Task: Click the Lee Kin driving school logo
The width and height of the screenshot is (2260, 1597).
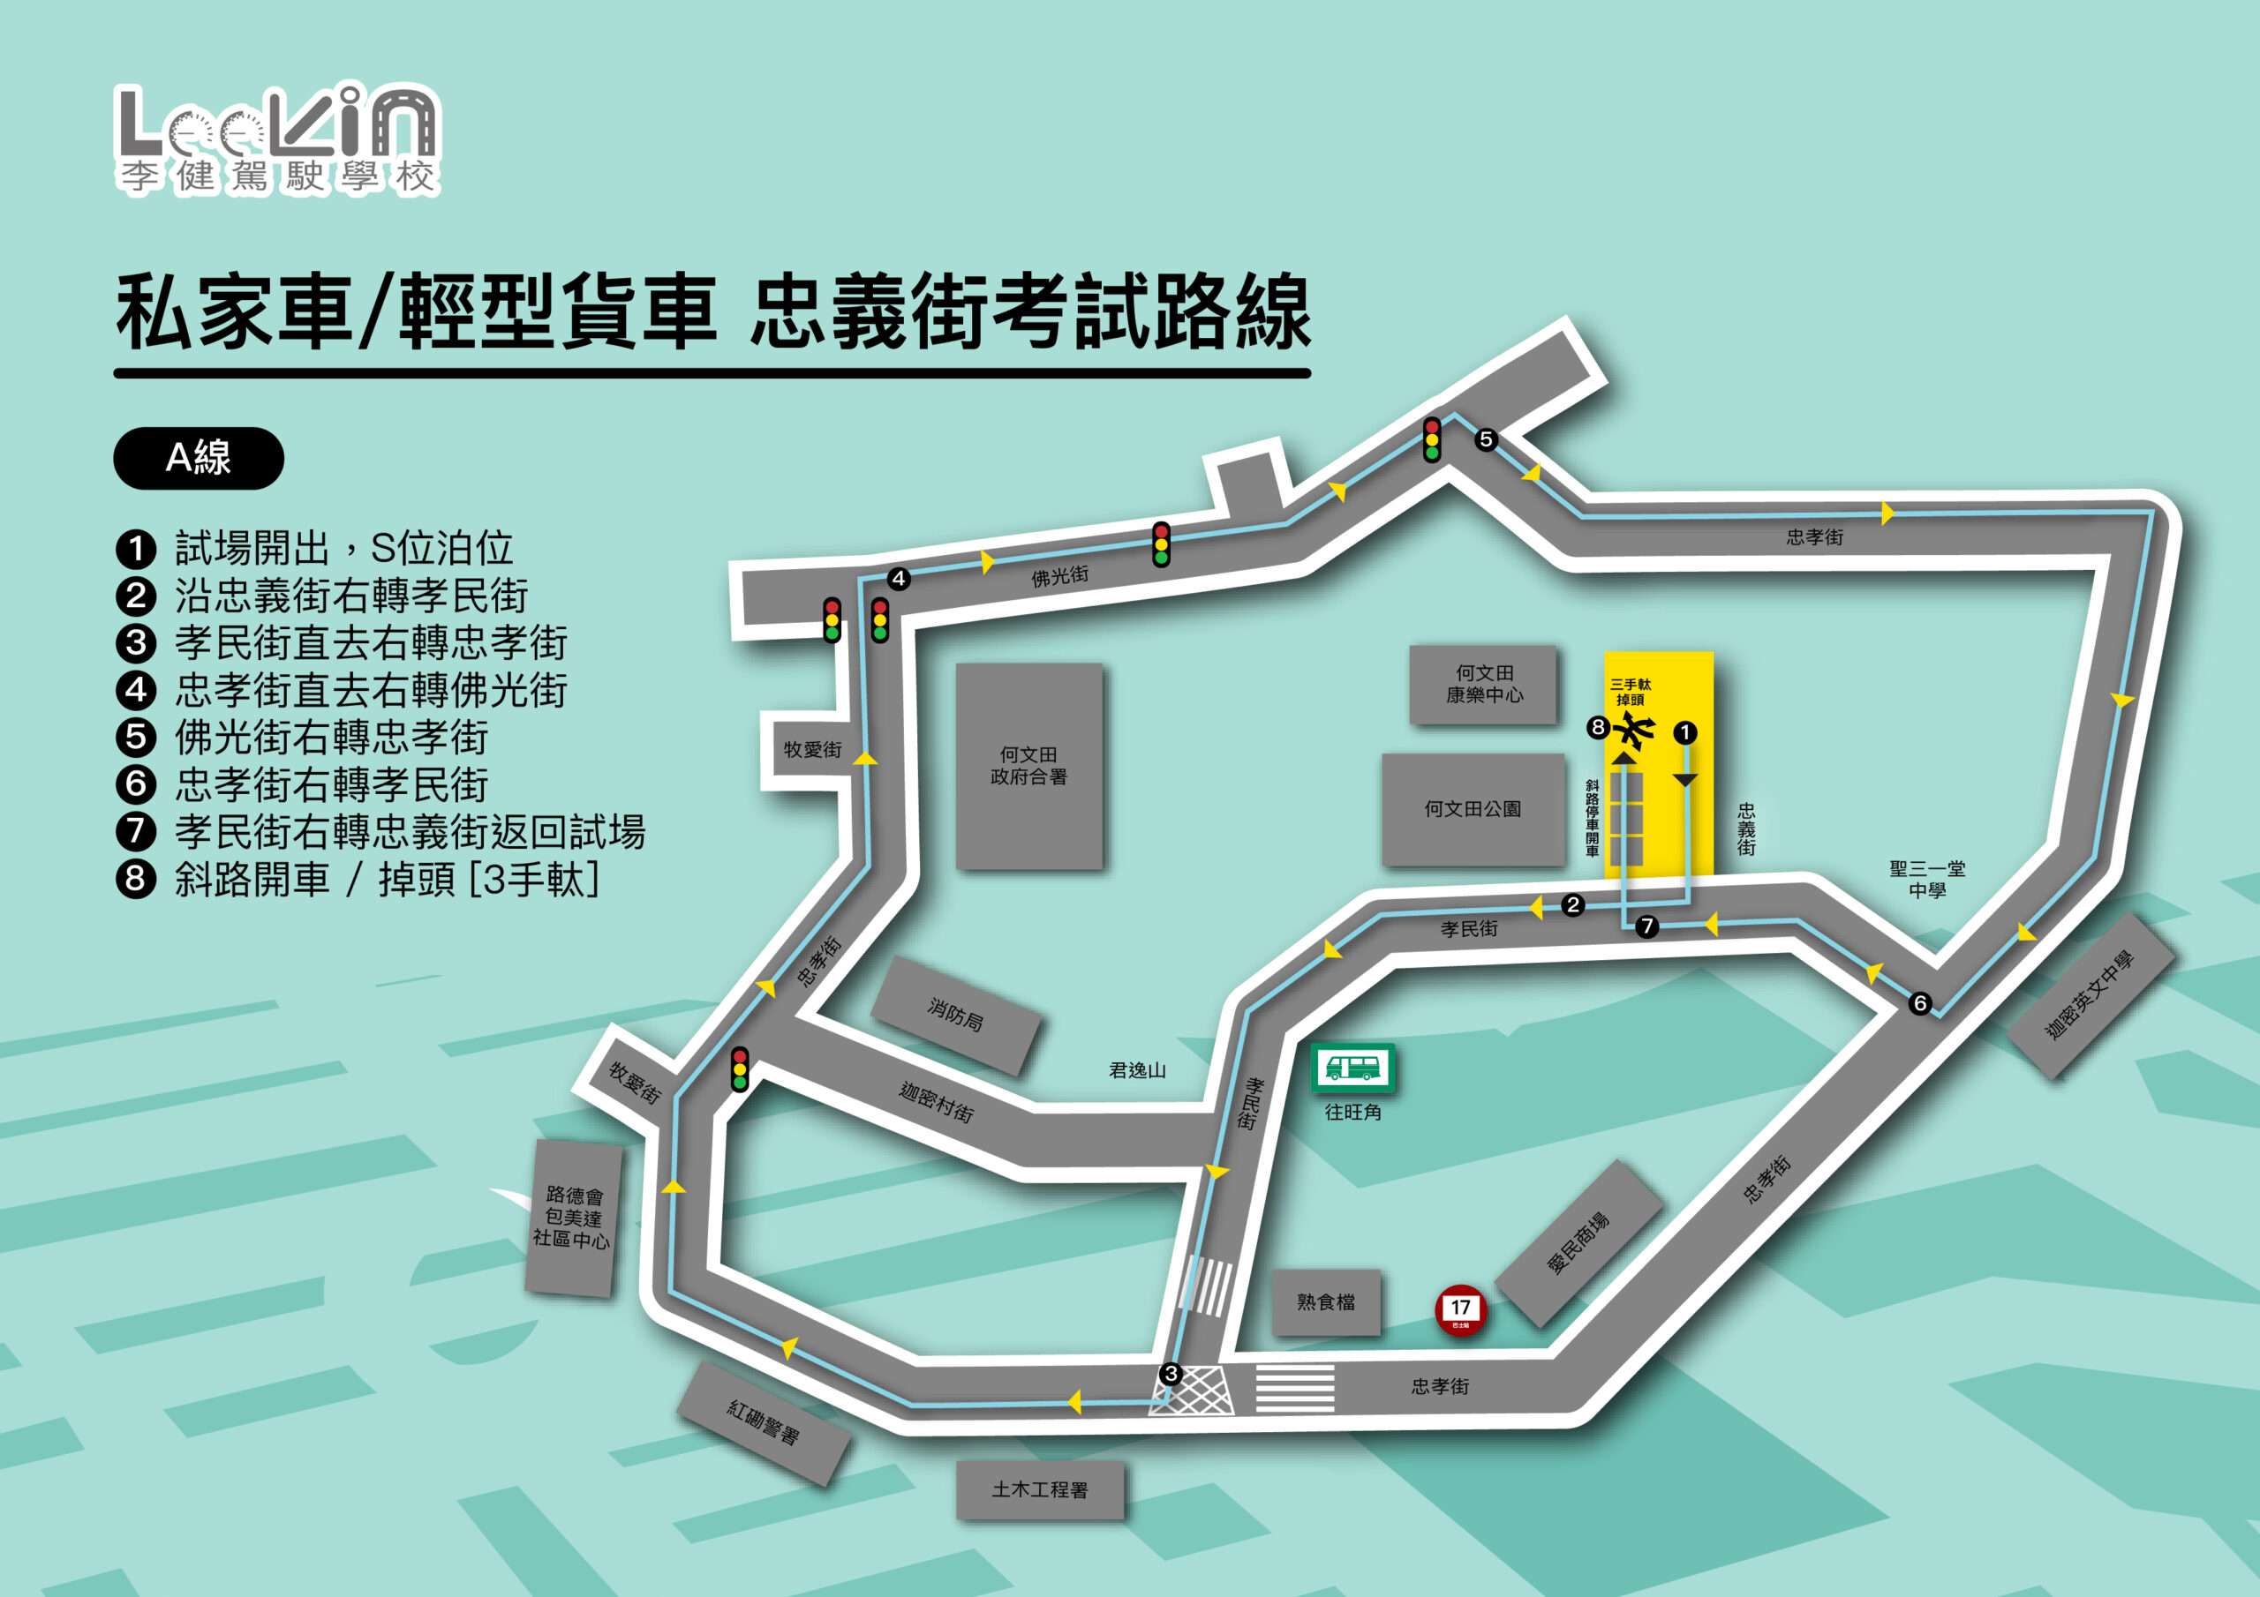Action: pos(277,139)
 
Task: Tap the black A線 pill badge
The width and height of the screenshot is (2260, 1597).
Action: pos(199,458)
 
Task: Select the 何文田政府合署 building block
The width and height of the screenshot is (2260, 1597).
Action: pos(1028,766)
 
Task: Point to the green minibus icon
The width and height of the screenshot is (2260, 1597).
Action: pos(1352,1068)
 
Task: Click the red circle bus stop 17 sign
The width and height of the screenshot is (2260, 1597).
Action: pos(1461,1310)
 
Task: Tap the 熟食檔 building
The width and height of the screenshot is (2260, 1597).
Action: pos(1326,1301)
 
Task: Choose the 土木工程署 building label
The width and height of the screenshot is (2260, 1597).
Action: pos(1039,1489)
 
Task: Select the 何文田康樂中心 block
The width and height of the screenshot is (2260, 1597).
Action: pos(1483,684)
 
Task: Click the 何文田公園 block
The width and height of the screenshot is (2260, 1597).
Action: pos(1473,809)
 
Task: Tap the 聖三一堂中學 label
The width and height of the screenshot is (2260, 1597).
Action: pos(1926,879)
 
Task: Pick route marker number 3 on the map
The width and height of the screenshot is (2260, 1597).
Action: pos(1171,1374)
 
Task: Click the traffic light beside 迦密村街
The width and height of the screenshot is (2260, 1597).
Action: pos(739,1069)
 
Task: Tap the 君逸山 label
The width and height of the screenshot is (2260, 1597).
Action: pos(1137,1070)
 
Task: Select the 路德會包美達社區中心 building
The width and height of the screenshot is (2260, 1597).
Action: pos(572,1218)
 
